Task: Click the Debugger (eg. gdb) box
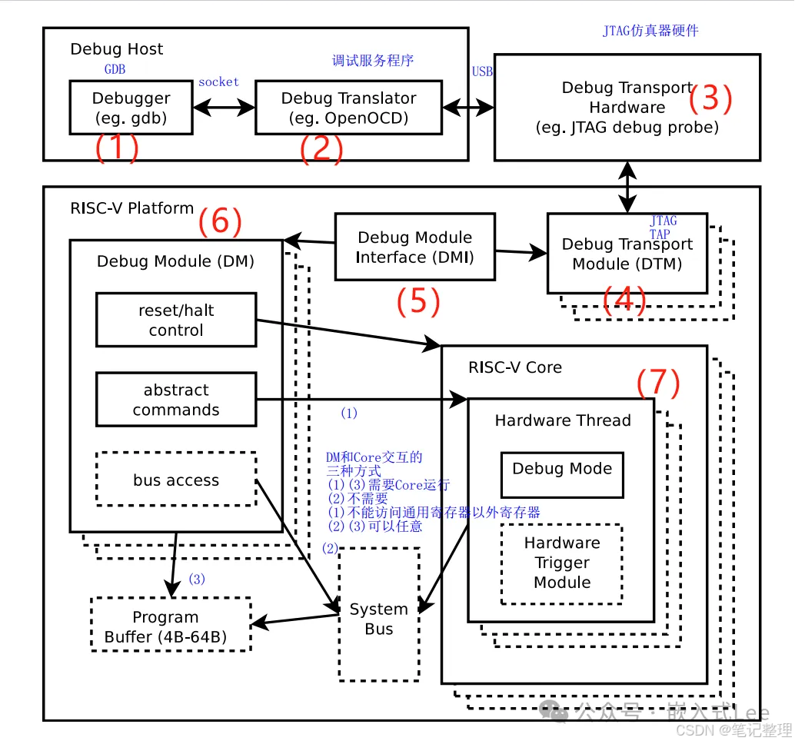[x=131, y=108]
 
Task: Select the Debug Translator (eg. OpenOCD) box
[x=348, y=108]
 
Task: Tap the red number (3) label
[x=710, y=99]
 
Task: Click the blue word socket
[x=218, y=82]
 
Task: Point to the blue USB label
[x=482, y=71]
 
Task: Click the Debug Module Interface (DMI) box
[x=414, y=247]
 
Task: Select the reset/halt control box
[x=176, y=320]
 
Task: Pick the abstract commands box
[x=176, y=400]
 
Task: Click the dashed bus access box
[x=176, y=480]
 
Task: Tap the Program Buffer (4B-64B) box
[x=171, y=626]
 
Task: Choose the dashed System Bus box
[x=379, y=615]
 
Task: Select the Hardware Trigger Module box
[x=562, y=563]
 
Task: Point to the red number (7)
[x=657, y=383]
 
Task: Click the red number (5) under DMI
[x=417, y=302]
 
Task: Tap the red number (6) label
[x=220, y=222]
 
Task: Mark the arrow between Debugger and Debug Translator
[x=224, y=108]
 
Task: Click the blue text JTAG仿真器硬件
[x=650, y=32]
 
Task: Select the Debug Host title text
[x=117, y=49]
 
